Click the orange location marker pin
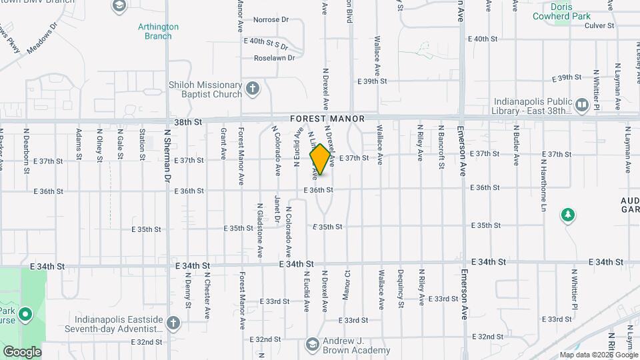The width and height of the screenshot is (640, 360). (320, 159)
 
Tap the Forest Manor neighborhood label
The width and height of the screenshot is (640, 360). (327, 119)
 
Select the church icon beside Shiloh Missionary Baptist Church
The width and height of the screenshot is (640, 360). (252, 88)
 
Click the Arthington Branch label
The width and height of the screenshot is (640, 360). (158, 31)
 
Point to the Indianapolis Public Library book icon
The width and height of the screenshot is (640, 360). (581, 105)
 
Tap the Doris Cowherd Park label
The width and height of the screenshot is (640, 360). (562, 8)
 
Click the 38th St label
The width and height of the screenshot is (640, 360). (189, 122)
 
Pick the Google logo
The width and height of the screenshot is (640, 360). (22, 351)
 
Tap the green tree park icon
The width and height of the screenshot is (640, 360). (567, 215)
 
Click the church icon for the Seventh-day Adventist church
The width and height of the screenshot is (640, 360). (173, 323)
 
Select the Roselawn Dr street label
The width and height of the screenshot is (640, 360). (274, 58)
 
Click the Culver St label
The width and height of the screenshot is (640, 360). (599, 25)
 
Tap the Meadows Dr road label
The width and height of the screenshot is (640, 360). (42, 41)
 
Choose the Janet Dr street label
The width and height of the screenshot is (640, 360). (277, 209)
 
